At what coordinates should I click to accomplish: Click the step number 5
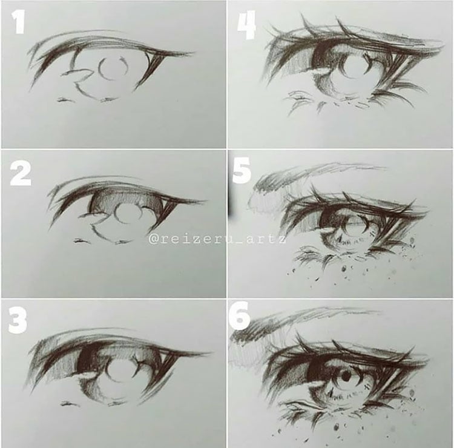[242, 174]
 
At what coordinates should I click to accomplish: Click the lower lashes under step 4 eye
[315, 103]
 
